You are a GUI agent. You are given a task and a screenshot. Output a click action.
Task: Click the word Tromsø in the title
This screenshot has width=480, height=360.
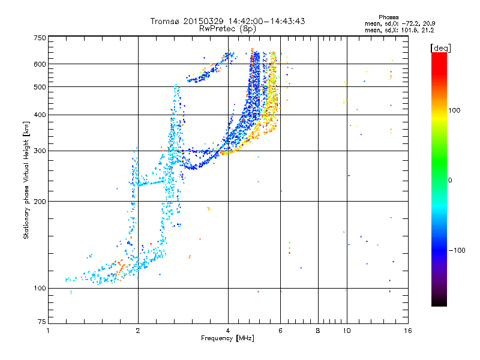click(164, 21)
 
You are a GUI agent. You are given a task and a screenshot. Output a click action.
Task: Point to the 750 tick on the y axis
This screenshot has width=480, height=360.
click(40, 38)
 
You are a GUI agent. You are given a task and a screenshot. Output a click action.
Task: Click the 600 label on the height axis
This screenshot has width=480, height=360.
click(40, 64)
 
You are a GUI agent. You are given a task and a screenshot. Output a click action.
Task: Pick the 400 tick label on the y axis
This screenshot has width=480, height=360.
click(40, 115)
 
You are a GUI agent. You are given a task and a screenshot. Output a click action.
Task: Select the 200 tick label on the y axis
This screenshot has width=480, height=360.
click(40, 201)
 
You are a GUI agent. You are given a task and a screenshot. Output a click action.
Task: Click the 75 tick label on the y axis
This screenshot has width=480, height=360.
click(41, 323)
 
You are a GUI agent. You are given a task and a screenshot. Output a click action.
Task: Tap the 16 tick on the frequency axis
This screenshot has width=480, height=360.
click(408, 331)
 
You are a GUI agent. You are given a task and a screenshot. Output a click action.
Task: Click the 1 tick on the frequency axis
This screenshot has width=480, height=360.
click(48, 331)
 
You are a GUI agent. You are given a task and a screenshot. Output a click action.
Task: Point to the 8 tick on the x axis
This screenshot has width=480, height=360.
click(318, 331)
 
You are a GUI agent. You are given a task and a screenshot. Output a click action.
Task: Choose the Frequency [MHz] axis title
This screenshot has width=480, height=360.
click(227, 338)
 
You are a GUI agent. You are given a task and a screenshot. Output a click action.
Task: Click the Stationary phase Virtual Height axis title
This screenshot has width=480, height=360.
click(26, 180)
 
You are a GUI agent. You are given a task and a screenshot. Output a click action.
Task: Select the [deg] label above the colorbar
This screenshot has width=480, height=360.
click(441, 47)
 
